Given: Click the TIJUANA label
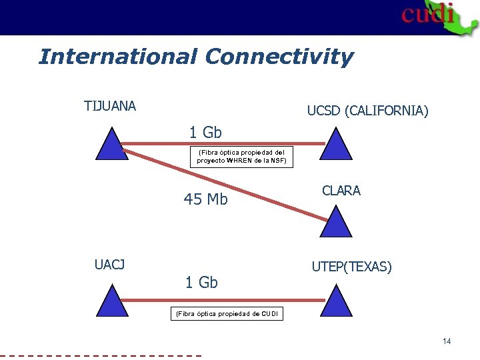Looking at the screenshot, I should (110, 106).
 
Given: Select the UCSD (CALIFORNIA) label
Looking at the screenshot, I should (367, 111).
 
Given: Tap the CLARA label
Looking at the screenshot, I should (341, 191).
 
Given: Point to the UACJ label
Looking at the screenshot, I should (109, 265).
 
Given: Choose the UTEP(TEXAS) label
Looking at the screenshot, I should (351, 267).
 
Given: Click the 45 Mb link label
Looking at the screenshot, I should (206, 199).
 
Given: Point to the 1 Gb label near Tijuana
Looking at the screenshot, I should (205, 133).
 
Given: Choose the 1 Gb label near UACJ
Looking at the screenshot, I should (201, 283).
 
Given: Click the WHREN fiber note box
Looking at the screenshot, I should (241, 157).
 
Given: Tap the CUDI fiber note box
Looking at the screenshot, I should (227, 313).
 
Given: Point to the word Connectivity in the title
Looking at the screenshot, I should (279, 57).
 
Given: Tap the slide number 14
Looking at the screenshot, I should (447, 341).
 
